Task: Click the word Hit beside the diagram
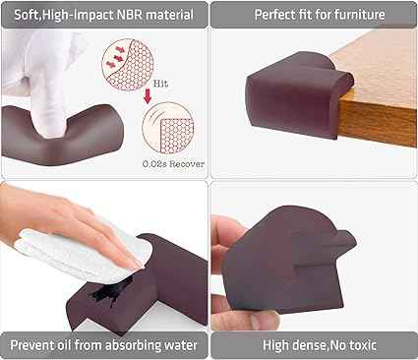coord(160,84)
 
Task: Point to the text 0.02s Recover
coord(173,164)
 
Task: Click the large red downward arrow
coord(148,96)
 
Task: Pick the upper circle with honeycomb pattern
coord(128,64)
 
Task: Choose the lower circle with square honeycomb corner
coord(168,128)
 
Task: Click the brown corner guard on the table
coord(298,95)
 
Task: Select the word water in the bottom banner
coord(181,345)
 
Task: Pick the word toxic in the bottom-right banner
coord(362,345)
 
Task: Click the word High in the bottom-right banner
coord(276,345)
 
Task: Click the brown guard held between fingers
coord(287,259)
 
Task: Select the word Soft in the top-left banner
coord(27,15)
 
